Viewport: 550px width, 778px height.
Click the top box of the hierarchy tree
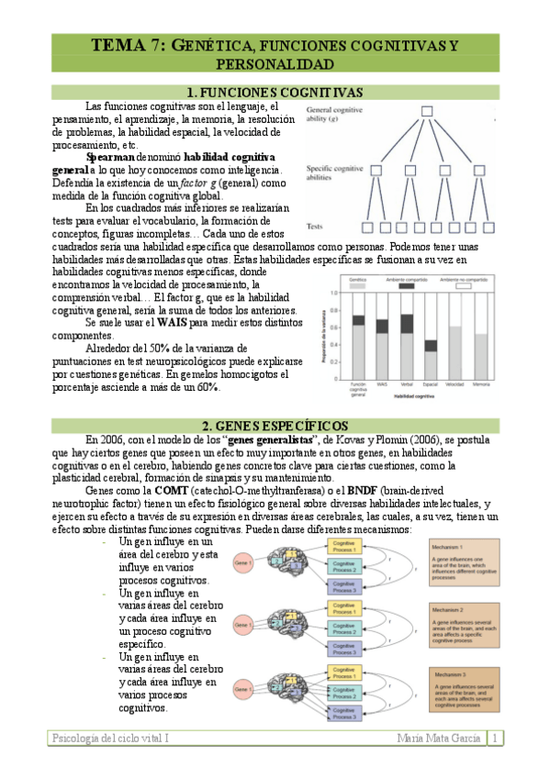[426, 113]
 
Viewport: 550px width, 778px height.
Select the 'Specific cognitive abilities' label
[331, 174]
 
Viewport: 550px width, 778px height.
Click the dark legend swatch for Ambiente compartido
[407, 287]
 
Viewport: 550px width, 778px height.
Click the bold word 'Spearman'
[110, 157]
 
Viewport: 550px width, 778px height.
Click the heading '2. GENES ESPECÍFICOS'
[275, 425]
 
